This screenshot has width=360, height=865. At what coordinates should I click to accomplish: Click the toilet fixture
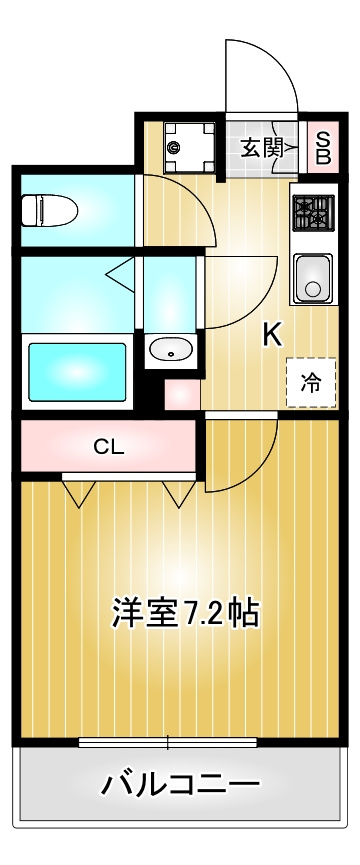[49, 210]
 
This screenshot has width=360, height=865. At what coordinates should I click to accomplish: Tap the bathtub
[77, 372]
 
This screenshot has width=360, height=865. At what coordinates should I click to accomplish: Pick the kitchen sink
[313, 279]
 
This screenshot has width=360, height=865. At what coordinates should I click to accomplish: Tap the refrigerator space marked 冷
[311, 382]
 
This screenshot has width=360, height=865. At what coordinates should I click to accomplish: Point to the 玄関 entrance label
[262, 148]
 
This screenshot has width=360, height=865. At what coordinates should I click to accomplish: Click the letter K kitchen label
[273, 334]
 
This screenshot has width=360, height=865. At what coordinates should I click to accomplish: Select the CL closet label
[109, 447]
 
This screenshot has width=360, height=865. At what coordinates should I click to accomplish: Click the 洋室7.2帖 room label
[186, 612]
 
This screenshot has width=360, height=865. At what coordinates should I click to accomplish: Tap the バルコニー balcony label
[180, 784]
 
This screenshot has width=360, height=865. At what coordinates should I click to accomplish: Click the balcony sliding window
[168, 742]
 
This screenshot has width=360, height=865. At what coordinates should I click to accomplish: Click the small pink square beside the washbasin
[182, 394]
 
